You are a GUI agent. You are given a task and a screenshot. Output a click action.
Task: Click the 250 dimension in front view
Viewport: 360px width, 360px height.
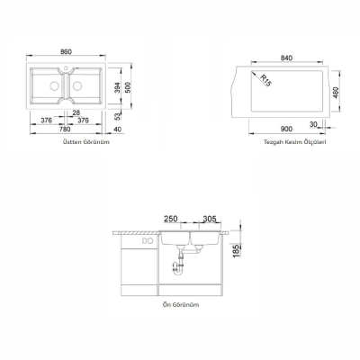[172, 219]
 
